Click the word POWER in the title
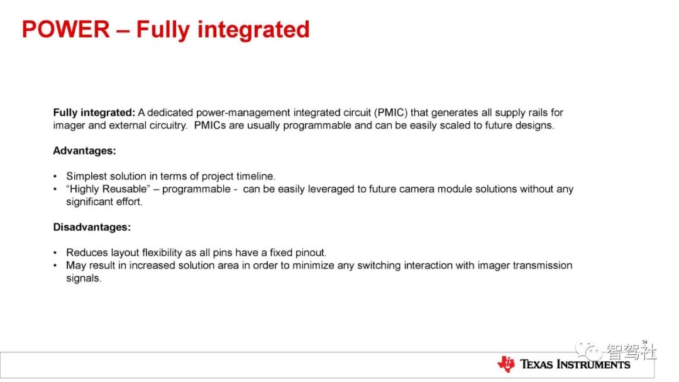pyautogui.click(x=66, y=30)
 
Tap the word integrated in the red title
pyautogui.click(x=253, y=30)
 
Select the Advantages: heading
pyautogui.click(x=84, y=151)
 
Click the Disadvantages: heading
pyautogui.click(x=92, y=227)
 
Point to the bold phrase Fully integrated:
pyautogui.click(x=94, y=113)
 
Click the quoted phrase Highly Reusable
pyautogui.click(x=108, y=189)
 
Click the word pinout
pyautogui.click(x=311, y=253)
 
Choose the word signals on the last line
pyautogui.click(x=84, y=278)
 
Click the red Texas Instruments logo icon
pyautogui.click(x=505, y=364)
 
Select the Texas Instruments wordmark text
pyautogui.click(x=575, y=364)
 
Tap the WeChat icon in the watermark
pyautogui.click(x=588, y=351)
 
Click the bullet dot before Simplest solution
pyautogui.click(x=55, y=177)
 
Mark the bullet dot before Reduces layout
pyautogui.click(x=55, y=253)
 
